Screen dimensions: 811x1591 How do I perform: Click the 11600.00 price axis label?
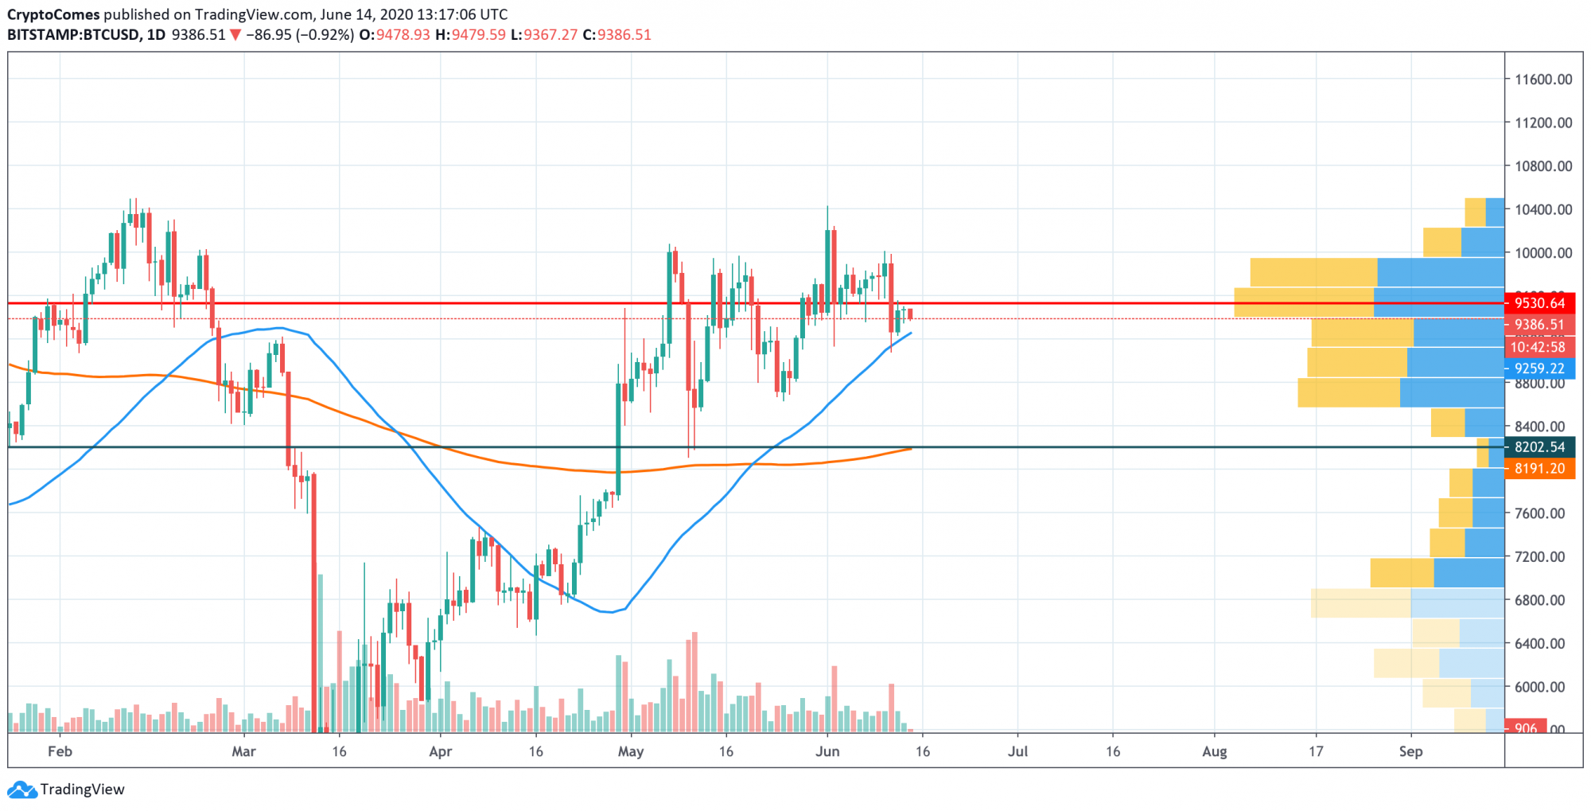(x=1542, y=80)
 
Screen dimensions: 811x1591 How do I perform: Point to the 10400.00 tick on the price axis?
(x=1542, y=209)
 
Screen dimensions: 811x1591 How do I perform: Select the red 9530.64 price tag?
(x=1539, y=303)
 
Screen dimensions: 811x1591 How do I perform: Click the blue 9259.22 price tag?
(x=1539, y=368)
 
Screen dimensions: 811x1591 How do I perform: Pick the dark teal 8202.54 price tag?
(x=1539, y=447)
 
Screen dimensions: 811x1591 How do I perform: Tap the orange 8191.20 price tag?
(x=1539, y=469)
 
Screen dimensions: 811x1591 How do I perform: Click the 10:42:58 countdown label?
(x=1538, y=347)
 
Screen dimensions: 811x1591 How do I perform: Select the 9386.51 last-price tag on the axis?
(x=1539, y=325)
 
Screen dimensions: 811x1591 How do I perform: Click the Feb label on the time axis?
(x=60, y=751)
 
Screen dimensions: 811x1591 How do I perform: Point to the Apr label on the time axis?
(x=440, y=751)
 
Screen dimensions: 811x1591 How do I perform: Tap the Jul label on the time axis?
(x=1017, y=751)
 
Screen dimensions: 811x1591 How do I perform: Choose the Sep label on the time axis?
(x=1410, y=751)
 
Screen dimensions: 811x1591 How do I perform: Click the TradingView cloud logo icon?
(x=21, y=790)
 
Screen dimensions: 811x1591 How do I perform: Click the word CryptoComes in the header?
(x=53, y=14)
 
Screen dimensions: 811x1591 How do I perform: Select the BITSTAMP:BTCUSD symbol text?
(x=74, y=35)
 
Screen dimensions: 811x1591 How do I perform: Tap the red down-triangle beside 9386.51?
(x=235, y=35)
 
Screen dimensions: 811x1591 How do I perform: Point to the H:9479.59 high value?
(x=470, y=35)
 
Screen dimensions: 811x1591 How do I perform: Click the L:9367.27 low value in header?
(x=544, y=35)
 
